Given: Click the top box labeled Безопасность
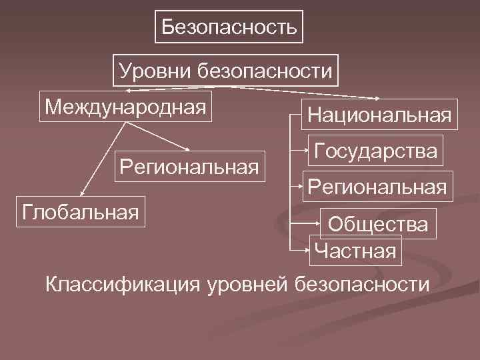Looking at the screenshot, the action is (x=229, y=27).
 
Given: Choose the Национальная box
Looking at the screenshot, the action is (x=379, y=115).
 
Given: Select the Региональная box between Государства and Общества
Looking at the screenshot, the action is (x=376, y=185).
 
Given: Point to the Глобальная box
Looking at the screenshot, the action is (x=80, y=212).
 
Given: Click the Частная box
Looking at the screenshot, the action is (x=356, y=251).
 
